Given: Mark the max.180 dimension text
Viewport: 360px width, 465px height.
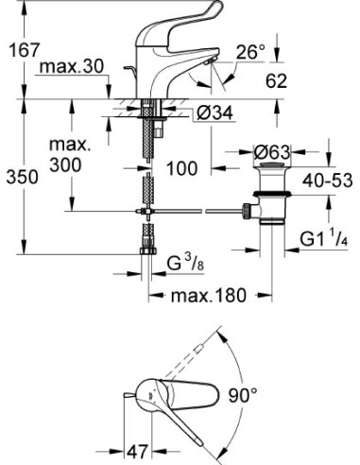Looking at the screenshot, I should [208, 295].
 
